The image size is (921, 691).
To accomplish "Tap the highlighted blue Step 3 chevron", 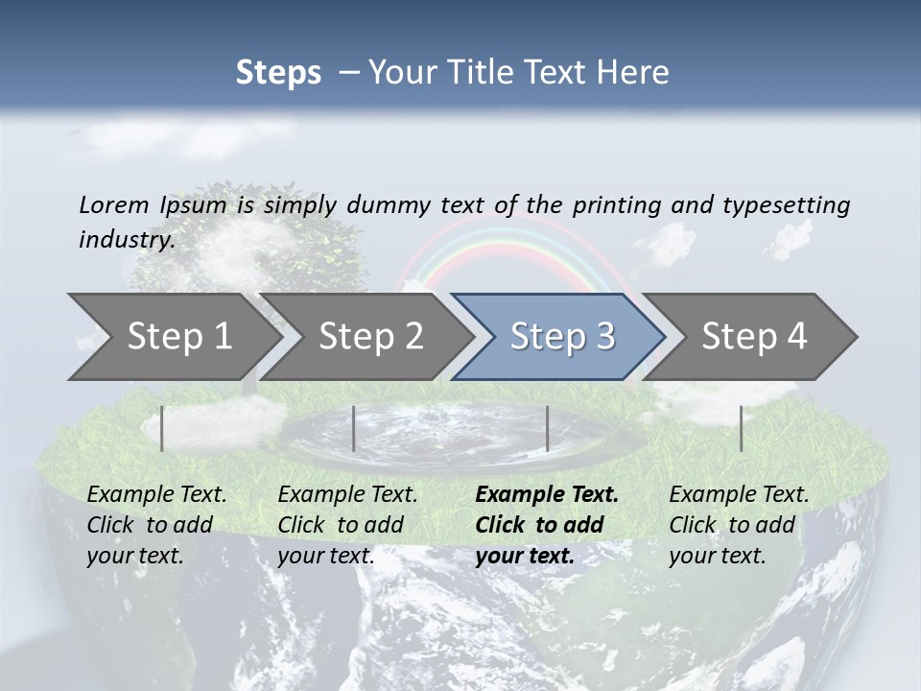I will pos(562,336).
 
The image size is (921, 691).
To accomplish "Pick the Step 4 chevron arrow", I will pos(754,336).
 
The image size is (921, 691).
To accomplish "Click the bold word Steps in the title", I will pos(278,72).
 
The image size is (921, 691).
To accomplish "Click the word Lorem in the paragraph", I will pos(113,204).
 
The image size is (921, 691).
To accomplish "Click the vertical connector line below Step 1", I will pos(162,428).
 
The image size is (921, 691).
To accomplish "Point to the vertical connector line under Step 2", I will pos(354,428).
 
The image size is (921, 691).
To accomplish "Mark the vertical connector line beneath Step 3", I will pos(547,428).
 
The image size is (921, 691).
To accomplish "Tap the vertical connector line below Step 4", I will pos(741,428).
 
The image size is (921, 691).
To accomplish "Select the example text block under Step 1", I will pos(156,525).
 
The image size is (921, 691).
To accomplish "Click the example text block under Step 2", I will pos(347,525).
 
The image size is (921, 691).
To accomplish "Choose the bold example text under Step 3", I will pos(547,525).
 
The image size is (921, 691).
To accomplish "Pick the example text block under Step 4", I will pos(739,525).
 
